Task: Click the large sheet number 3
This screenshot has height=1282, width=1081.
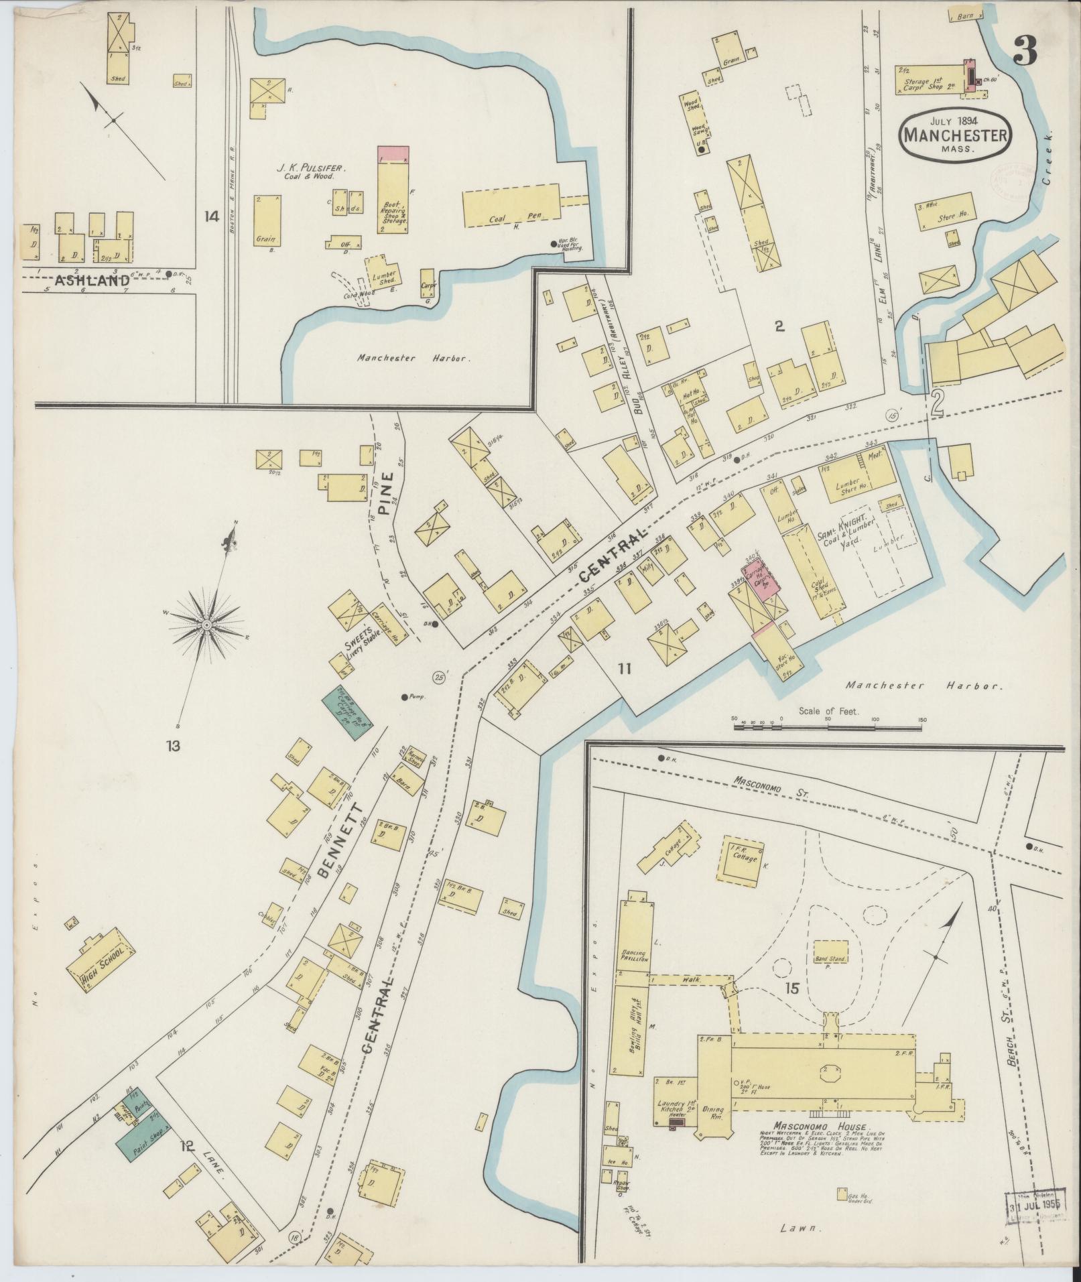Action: [x=1025, y=50]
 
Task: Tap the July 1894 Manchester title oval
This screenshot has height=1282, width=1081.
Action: [x=954, y=135]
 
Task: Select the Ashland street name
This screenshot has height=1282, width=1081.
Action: [x=92, y=281]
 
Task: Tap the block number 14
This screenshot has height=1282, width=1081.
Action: [x=212, y=216]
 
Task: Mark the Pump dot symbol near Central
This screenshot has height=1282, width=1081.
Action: [x=405, y=697]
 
